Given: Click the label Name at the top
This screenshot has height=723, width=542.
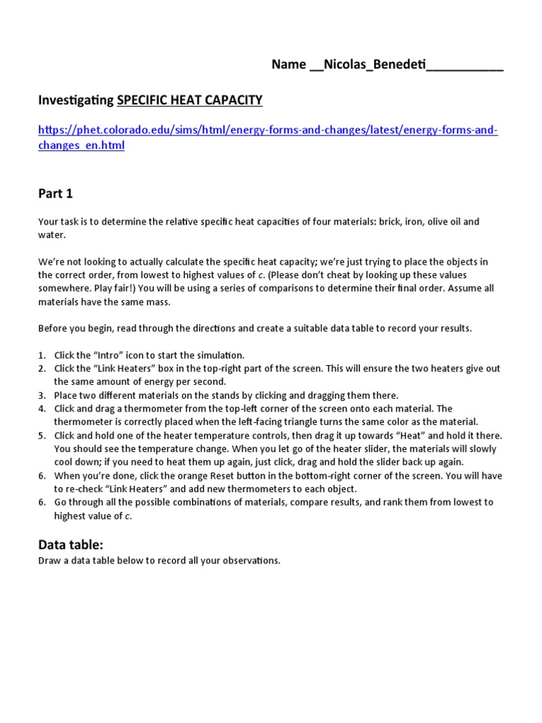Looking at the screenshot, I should pyautogui.click(x=289, y=66).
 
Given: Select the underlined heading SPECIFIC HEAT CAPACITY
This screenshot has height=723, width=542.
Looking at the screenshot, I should pyautogui.click(x=189, y=101).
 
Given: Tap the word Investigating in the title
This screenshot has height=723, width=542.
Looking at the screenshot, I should pyautogui.click(x=76, y=101).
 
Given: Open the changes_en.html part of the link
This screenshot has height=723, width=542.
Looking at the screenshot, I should pyautogui.click(x=81, y=145).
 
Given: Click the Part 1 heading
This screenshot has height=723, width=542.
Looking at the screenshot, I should pyautogui.click(x=55, y=193).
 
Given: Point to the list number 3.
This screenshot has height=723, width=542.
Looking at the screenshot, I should pyautogui.click(x=42, y=395).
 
